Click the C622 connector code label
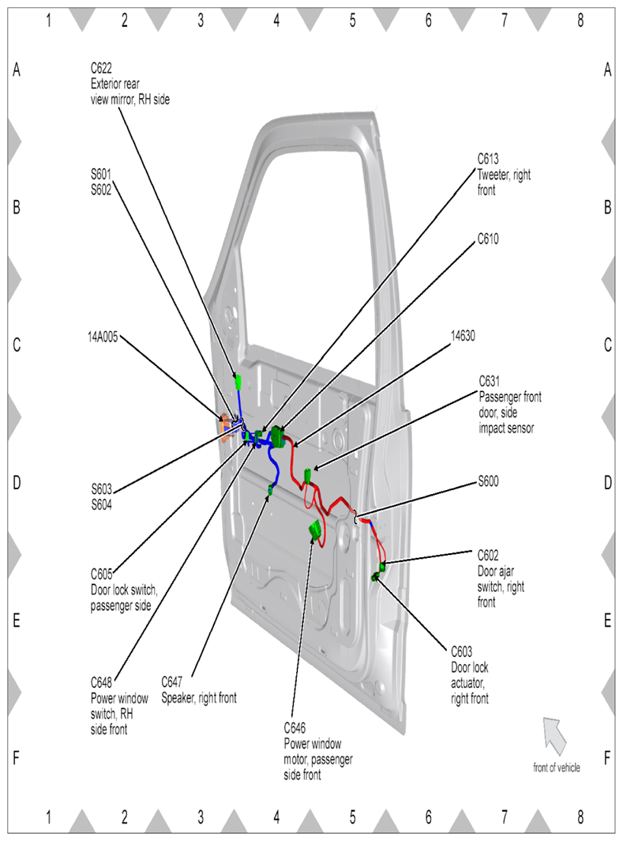coord(101,68)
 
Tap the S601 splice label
coord(101,168)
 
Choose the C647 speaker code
coord(172,681)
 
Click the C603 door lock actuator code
coord(461,651)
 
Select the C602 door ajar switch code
coord(489,555)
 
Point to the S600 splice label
coord(489,481)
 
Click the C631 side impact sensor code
coord(489,380)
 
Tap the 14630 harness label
coord(463,335)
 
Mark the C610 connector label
coord(488,237)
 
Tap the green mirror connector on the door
coord(238,383)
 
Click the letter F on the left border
coord(16,757)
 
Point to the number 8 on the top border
coord(580,21)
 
